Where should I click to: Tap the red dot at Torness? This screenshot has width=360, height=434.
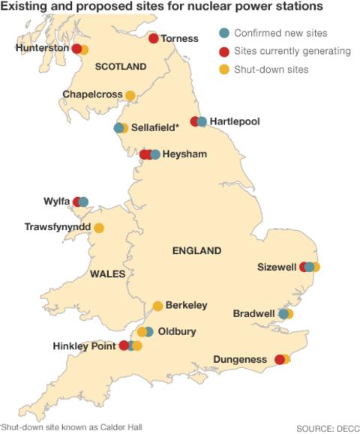(154, 38)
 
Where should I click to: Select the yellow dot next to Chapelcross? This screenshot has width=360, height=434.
(130, 95)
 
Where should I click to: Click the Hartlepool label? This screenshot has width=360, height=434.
(235, 121)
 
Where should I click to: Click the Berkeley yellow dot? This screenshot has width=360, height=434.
(157, 305)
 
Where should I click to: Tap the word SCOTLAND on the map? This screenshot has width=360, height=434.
(121, 67)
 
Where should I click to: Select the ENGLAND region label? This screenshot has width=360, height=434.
(197, 250)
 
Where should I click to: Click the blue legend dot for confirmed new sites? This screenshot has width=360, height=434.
(223, 34)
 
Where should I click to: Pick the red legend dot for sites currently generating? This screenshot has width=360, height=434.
(223, 52)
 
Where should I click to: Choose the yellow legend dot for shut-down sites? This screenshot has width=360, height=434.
(223, 70)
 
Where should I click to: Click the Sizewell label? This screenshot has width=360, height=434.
(277, 267)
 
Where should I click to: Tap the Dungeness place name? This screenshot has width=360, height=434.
(240, 360)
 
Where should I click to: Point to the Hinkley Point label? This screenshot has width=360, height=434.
(84, 346)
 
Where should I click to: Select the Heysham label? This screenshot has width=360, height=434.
(184, 154)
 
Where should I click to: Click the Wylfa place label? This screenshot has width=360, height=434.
(57, 202)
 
